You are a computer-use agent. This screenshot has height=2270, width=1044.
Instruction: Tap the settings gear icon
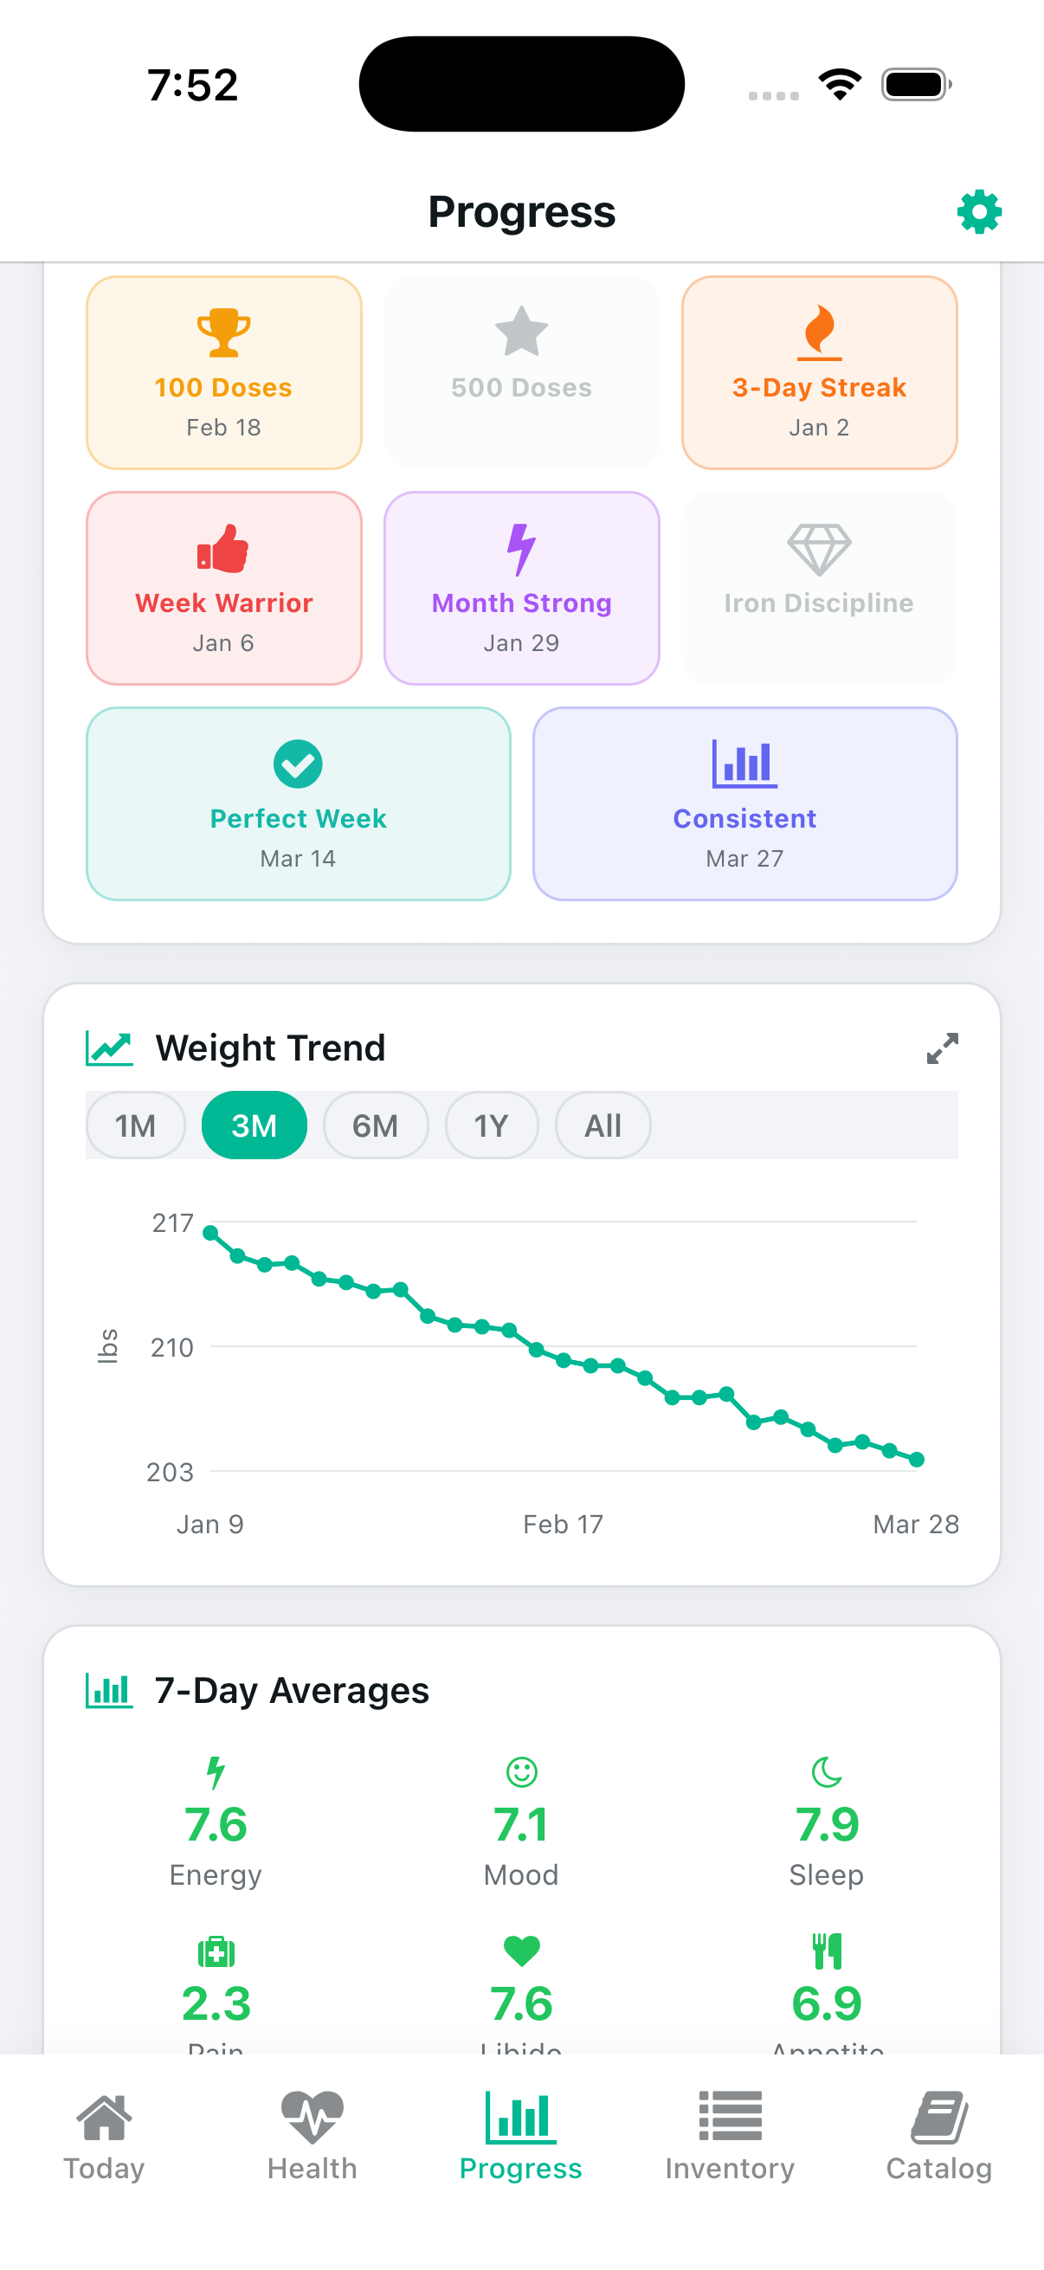tap(979, 212)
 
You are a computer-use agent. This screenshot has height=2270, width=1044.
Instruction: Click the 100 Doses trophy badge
tap(224, 372)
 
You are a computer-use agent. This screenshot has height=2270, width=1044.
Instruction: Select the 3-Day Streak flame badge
tap(818, 372)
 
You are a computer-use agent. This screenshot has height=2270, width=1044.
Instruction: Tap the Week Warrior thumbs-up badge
tap(224, 588)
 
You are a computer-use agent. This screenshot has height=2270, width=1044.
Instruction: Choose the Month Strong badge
tap(521, 588)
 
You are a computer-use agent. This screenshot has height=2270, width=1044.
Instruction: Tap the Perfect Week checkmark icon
tap(298, 764)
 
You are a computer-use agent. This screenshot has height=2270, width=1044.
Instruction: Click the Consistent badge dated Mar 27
tap(744, 803)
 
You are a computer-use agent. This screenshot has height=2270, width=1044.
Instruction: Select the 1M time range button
tap(136, 1125)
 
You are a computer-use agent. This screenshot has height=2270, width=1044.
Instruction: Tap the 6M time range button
tap(376, 1125)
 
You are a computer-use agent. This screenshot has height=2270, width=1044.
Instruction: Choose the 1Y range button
tap(491, 1125)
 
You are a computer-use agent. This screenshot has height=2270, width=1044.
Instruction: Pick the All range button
tap(603, 1125)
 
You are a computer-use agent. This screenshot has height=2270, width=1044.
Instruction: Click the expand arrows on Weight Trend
tap(942, 1048)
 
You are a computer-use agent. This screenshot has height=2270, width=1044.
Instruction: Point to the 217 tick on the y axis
tap(172, 1223)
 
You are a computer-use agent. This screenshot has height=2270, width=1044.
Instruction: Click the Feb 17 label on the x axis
tap(563, 1525)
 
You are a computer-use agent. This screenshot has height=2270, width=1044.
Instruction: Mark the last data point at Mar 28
tap(916, 1461)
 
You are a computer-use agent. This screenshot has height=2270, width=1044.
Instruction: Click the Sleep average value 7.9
tap(827, 1825)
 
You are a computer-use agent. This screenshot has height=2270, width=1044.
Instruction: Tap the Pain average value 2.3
tap(216, 2005)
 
